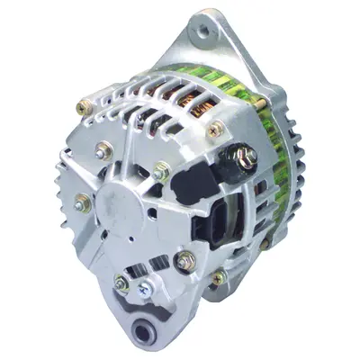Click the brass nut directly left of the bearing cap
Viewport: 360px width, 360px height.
85,204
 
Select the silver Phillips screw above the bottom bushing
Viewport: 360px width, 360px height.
145,290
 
